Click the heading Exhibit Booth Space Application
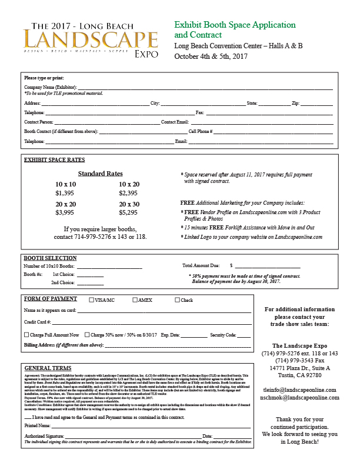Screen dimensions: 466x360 235,25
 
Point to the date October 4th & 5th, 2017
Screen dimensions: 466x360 211,56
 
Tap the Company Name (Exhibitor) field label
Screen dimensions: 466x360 50,86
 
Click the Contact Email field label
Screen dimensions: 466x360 175,122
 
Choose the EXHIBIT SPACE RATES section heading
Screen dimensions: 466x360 54,160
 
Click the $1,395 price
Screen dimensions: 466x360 65,193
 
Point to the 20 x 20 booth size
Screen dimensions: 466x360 65,204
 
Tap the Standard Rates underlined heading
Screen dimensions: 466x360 100,174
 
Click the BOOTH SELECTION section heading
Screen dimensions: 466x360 50,258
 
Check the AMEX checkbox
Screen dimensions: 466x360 135,300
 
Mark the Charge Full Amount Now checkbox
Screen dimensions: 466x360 26,334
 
